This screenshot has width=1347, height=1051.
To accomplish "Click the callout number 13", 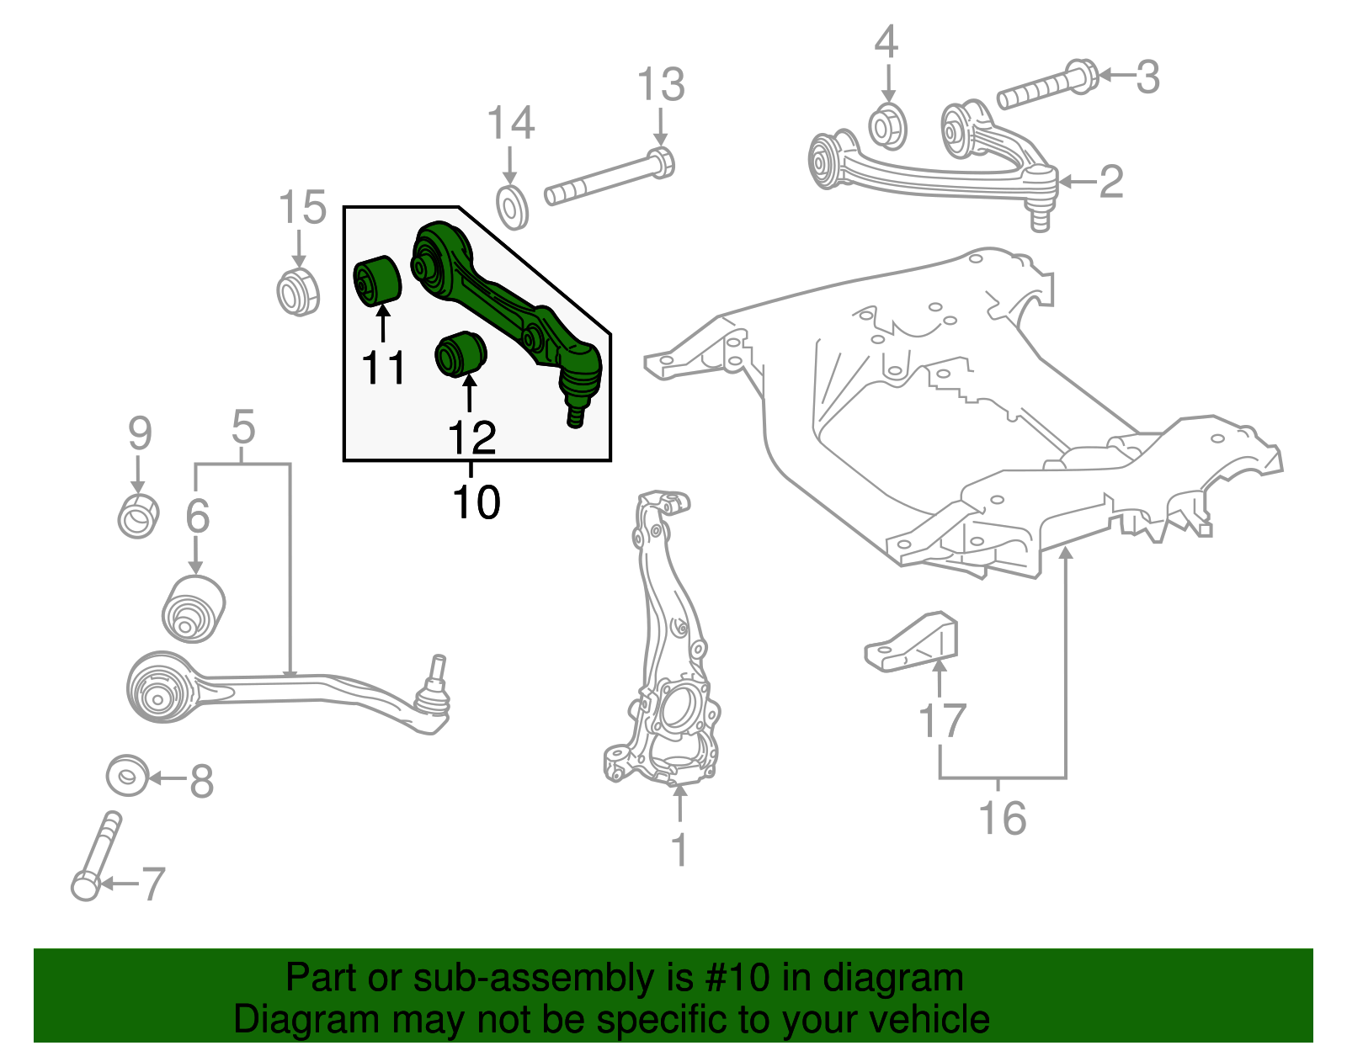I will coord(661,85).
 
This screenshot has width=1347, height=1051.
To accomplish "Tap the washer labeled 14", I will coord(512,208).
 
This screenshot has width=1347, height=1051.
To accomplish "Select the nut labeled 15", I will coord(298,291).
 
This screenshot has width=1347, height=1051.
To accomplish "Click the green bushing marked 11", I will coord(377,279).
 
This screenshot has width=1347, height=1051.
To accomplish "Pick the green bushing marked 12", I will coord(461,354).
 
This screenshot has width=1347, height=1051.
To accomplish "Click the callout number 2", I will coord(1111,182).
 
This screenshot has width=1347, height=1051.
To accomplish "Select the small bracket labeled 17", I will coord(913,642).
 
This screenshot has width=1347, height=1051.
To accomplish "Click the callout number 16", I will coord(1002,818).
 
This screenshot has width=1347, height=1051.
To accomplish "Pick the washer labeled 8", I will coord(127,776).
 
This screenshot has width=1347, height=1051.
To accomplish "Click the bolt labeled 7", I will coord(98,854).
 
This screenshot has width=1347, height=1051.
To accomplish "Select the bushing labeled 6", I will coord(194,608).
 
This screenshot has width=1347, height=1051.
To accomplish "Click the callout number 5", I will coord(242,428).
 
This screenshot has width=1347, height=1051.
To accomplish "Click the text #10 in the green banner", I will coord(732,978).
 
